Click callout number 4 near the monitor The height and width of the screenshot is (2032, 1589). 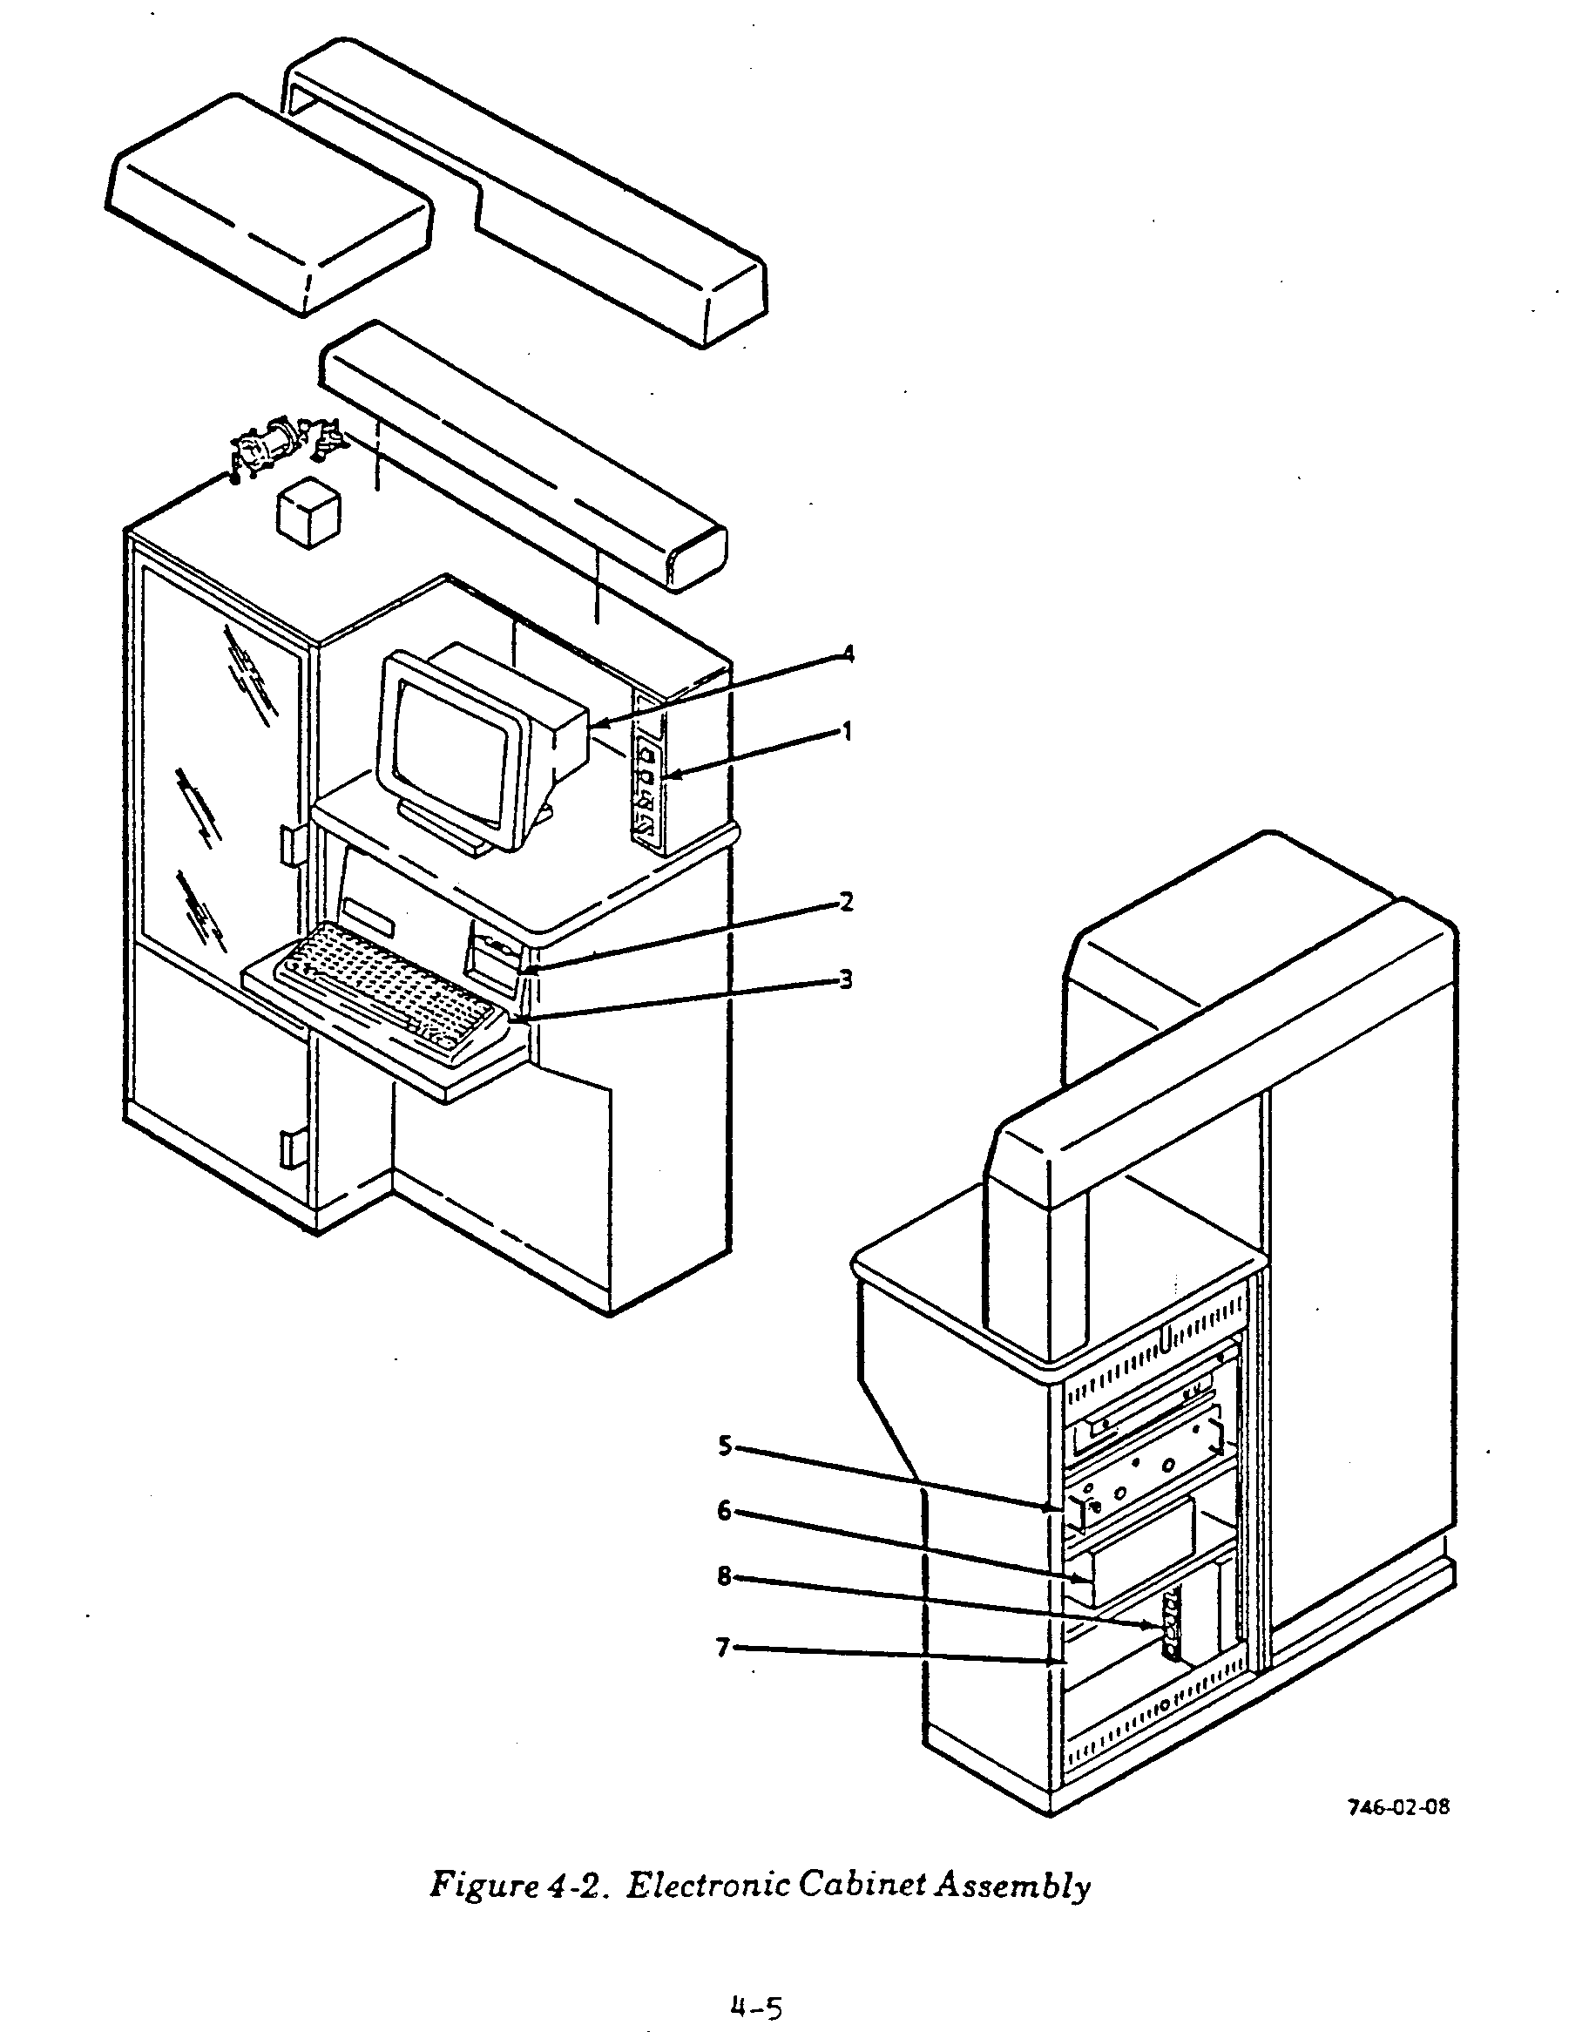point(847,654)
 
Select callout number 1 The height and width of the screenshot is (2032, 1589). point(847,732)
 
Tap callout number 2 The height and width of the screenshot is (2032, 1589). point(846,901)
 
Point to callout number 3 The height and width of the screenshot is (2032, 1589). point(846,979)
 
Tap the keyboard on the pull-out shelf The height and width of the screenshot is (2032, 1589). point(391,988)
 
